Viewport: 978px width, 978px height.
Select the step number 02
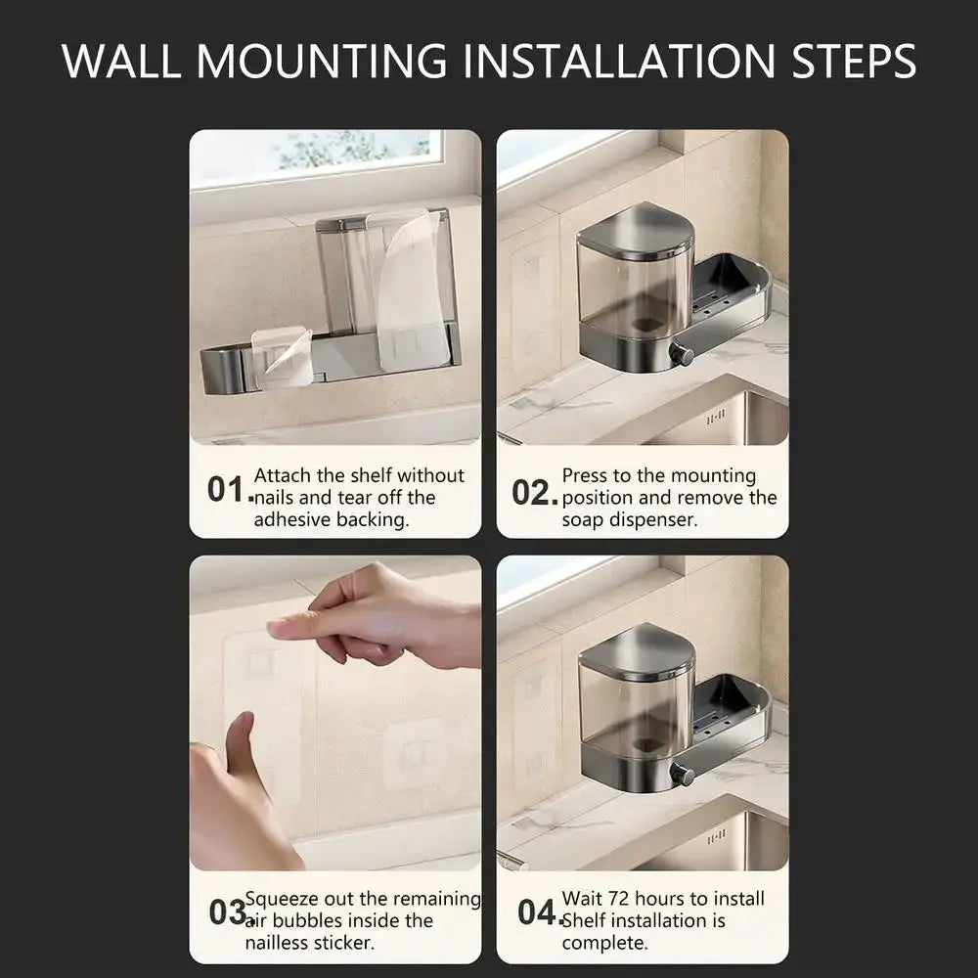(x=533, y=493)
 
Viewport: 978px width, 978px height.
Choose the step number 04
(x=537, y=913)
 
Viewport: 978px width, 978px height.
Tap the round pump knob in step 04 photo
(x=682, y=777)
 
